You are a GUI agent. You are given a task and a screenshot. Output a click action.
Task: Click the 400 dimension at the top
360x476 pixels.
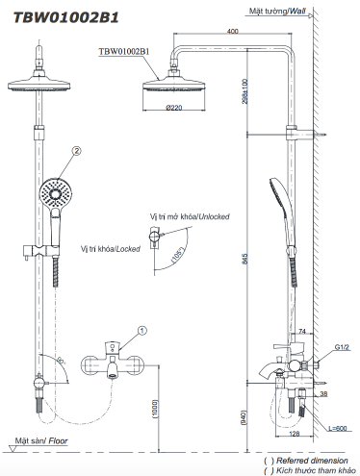coord(232,32)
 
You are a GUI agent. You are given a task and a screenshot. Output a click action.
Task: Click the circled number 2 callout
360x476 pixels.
coord(76,149)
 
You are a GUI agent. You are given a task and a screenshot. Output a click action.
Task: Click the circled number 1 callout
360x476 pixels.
coord(141,330)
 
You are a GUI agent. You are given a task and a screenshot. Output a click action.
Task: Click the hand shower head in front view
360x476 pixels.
coord(54,186)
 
